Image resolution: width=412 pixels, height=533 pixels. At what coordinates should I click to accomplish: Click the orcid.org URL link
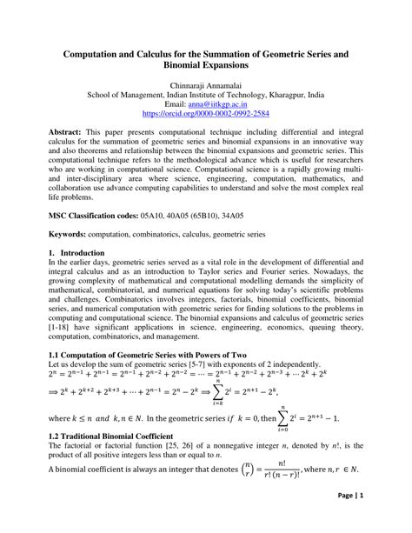point(206,114)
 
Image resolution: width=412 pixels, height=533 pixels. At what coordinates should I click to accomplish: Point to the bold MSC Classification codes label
point(97,213)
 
